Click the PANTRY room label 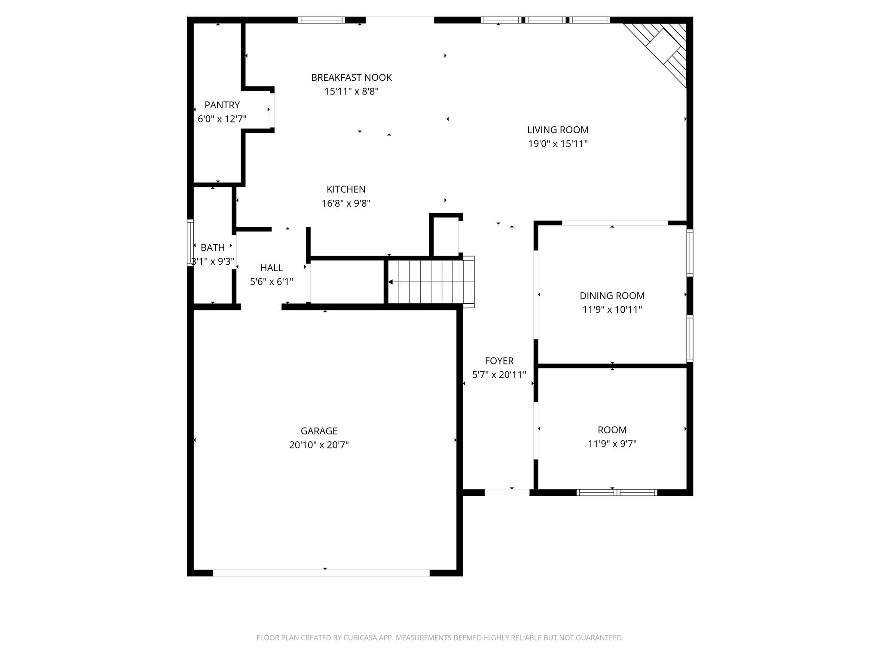(222, 105)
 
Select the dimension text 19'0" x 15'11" (558, 144)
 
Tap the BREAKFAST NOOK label (351, 77)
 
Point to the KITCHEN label (346, 189)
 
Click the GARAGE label (319, 431)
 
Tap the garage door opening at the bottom (321, 572)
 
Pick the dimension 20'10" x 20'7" (319, 445)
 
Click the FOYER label (499, 361)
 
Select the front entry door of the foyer (507, 492)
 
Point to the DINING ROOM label (612, 296)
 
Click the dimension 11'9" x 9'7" (612, 444)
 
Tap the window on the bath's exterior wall (190, 242)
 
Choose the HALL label (272, 268)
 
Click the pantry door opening (272, 110)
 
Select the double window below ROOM (617, 492)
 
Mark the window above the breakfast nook (321, 20)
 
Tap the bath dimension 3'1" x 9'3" (213, 261)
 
